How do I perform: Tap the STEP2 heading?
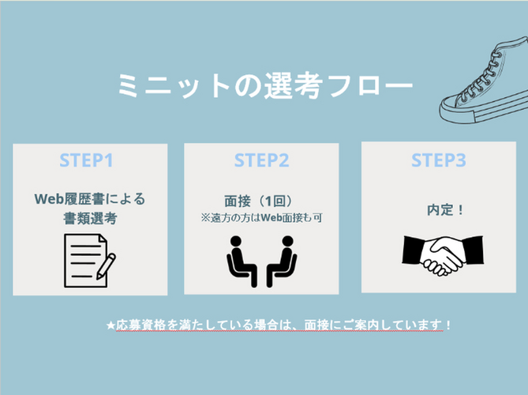(261, 160)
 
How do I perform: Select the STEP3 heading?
(438, 160)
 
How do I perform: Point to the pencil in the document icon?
(107, 265)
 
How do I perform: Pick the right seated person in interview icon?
(283, 261)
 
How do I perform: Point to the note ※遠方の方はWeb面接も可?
(261, 216)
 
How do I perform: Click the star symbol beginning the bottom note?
(110, 325)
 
